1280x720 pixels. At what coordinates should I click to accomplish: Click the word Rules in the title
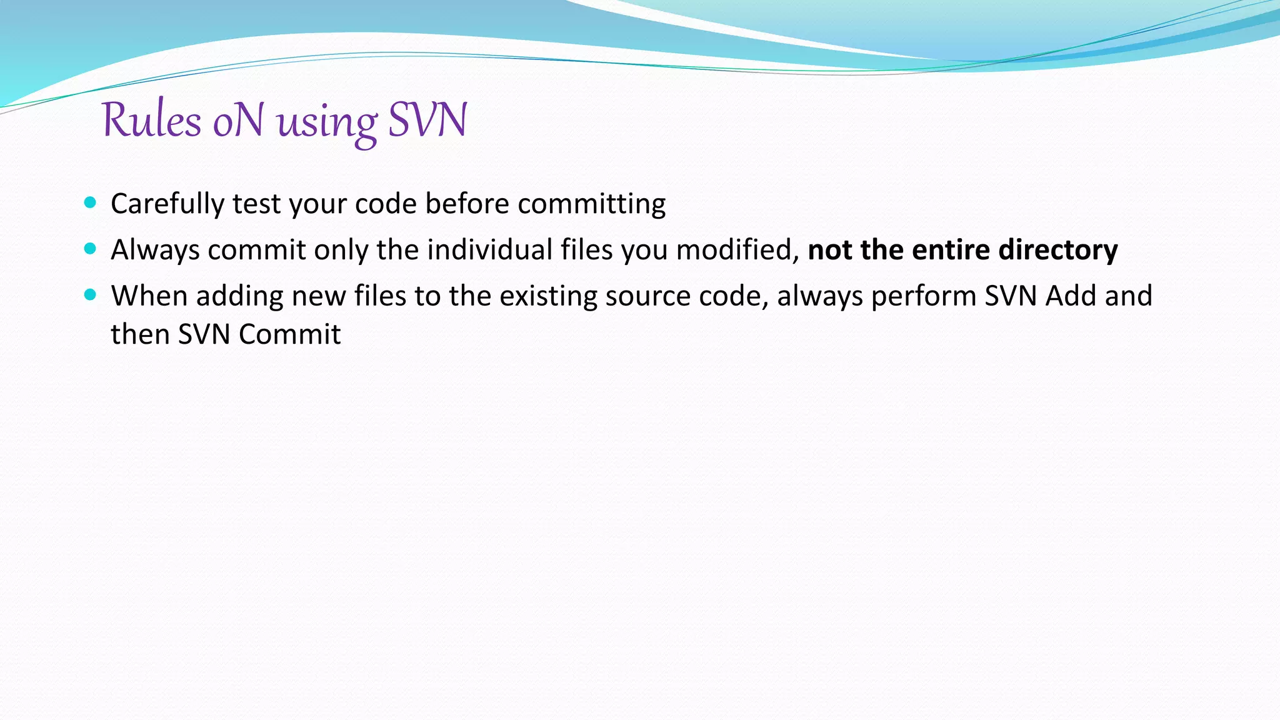pos(151,119)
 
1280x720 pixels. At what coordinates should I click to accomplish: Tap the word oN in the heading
pos(238,119)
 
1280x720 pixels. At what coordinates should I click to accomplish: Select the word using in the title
pos(327,122)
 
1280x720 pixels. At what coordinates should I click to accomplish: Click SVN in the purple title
pos(427,119)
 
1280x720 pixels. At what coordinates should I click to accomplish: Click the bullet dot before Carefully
pos(90,202)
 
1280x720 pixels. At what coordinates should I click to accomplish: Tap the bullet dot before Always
pos(90,249)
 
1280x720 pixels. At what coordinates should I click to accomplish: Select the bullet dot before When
pos(90,294)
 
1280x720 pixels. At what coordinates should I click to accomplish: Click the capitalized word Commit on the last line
pos(289,334)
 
